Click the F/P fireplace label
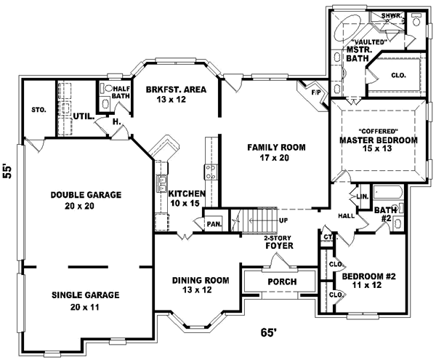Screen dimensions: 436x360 click(315, 92)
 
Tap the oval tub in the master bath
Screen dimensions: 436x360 click(347, 28)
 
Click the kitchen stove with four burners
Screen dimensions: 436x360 click(211, 172)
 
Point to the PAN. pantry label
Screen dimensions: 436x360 click(214, 224)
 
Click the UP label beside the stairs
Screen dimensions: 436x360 click(283, 220)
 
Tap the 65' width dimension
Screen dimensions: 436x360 click(269, 332)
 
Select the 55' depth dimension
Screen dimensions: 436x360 click(7, 172)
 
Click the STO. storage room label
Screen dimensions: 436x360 click(39, 110)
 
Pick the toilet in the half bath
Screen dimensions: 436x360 click(108, 89)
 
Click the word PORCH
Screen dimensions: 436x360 click(282, 282)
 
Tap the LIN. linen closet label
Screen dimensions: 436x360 click(363, 196)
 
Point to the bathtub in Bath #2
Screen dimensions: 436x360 click(387, 193)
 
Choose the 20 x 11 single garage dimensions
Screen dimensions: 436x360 click(84, 307)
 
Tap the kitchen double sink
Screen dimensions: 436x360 click(162, 184)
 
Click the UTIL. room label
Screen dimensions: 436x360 click(84, 116)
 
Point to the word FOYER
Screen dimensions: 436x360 click(279, 246)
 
